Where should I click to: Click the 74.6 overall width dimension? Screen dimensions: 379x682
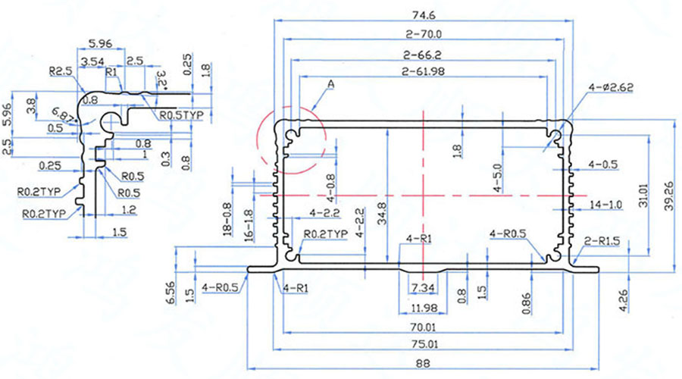click(422, 14)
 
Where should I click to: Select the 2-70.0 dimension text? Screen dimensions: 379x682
click(423, 34)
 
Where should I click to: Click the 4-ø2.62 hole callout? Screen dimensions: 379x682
click(611, 89)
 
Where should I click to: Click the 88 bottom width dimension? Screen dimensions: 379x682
click(423, 364)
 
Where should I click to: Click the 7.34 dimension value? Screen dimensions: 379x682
click(422, 289)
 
